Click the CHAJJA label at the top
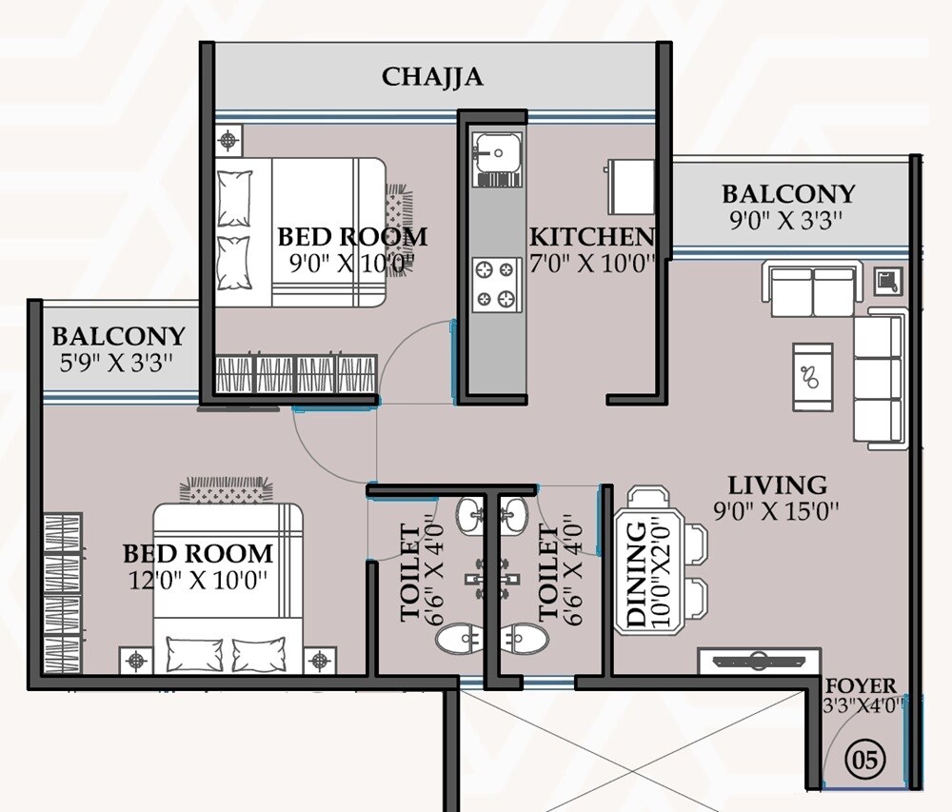click(x=432, y=77)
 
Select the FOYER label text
click(x=861, y=686)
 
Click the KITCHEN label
click(x=591, y=237)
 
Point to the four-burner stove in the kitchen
click(x=496, y=286)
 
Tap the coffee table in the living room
click(x=812, y=376)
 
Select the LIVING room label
click(x=777, y=485)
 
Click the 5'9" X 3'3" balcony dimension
click(x=118, y=363)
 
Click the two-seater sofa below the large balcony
click(x=812, y=291)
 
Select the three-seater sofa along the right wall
click(x=877, y=379)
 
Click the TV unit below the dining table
click(x=758, y=660)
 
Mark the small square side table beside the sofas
click(x=887, y=280)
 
